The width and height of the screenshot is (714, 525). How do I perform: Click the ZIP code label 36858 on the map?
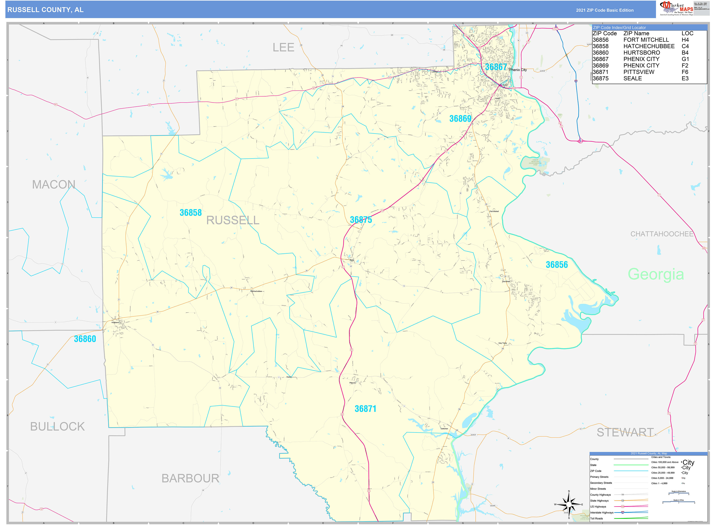tap(191, 213)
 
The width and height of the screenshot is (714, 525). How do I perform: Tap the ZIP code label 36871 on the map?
tap(365, 409)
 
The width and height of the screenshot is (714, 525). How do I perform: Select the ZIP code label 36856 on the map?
tap(557, 265)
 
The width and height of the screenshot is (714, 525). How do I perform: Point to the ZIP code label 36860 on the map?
tap(85, 339)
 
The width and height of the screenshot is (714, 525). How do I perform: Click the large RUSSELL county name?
tap(233, 220)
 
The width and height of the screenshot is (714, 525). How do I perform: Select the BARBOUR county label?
tap(190, 478)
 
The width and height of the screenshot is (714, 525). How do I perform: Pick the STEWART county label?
tap(625, 433)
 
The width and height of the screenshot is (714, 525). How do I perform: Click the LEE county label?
tap(283, 48)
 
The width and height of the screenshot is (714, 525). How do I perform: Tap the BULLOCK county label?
tap(57, 426)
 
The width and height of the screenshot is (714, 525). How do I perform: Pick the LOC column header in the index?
tap(687, 33)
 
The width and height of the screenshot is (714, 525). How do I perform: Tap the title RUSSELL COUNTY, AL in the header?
tap(45, 10)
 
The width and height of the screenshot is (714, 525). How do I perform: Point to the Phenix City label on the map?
tap(518, 70)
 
